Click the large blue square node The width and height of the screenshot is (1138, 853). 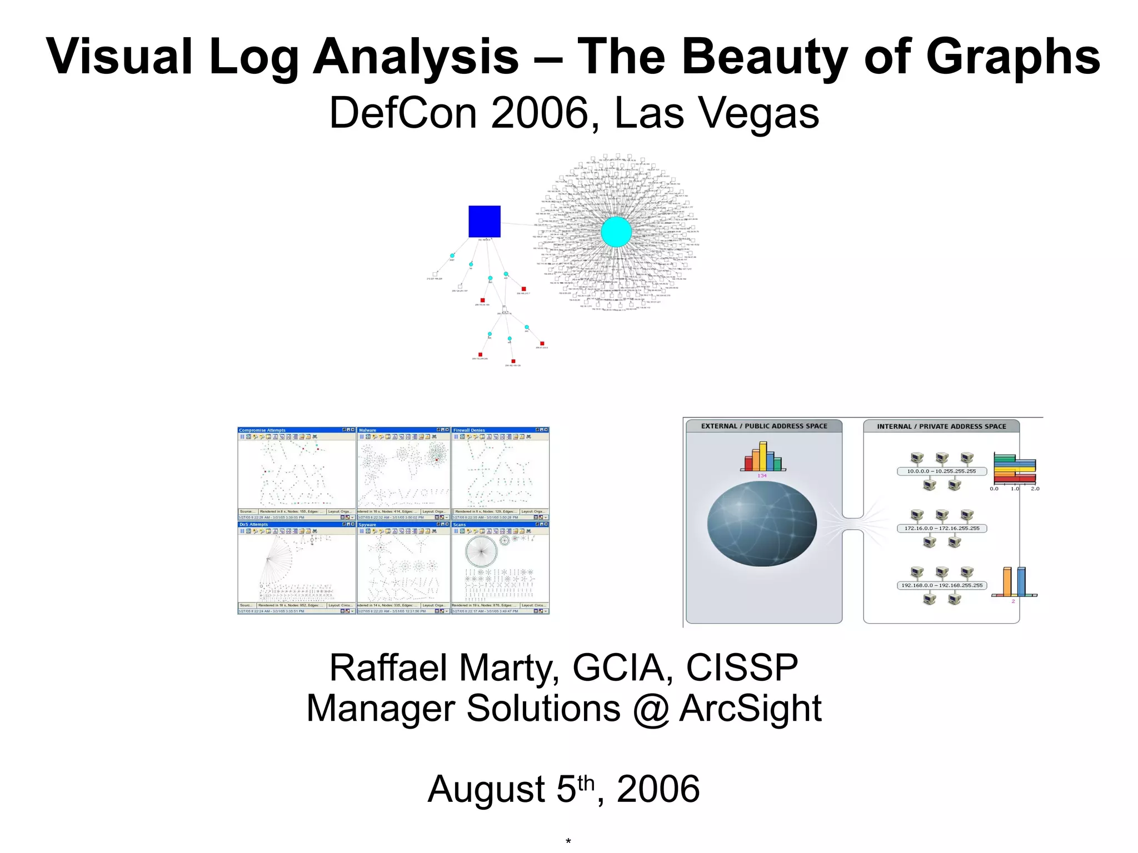click(484, 221)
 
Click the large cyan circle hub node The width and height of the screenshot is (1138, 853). click(616, 232)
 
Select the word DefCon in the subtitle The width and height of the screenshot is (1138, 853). click(402, 113)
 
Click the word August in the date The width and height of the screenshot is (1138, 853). click(486, 789)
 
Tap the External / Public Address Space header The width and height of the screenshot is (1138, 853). click(764, 426)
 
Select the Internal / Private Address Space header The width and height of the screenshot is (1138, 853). click(941, 426)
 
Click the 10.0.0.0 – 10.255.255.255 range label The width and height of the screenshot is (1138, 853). click(941, 471)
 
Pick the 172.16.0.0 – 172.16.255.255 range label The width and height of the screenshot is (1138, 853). click(942, 528)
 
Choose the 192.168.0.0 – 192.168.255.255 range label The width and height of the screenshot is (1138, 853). click(942, 585)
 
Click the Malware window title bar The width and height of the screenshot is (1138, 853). click(397, 430)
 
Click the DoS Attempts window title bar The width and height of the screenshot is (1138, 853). click(289, 524)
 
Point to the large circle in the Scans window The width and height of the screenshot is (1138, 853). click(481, 551)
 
